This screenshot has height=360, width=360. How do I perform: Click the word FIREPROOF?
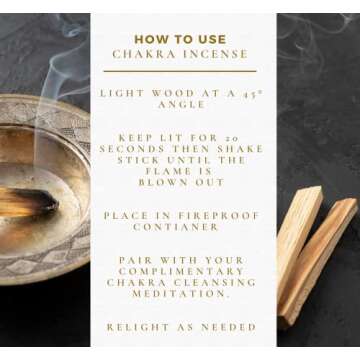click(208, 215)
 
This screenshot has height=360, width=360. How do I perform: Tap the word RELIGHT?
click(135, 326)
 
